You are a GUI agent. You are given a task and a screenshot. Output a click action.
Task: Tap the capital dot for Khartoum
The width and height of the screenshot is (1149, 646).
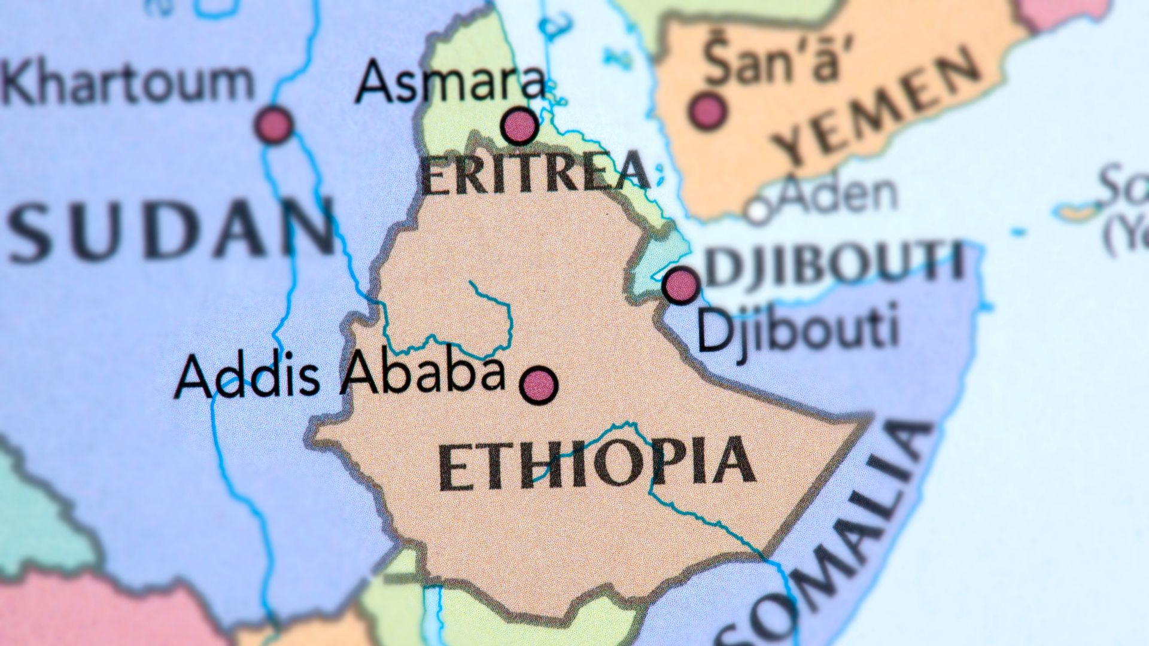click(x=275, y=124)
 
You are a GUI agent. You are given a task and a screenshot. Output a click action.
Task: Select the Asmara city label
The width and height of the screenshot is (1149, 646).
click(x=450, y=81)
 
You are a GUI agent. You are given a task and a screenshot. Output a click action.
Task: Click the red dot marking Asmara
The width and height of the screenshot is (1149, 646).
click(x=519, y=126)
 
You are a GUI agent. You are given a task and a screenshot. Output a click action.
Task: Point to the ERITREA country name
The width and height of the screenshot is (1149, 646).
click(x=534, y=173)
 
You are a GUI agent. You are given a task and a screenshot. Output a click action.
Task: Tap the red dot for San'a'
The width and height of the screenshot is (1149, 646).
click(x=709, y=111)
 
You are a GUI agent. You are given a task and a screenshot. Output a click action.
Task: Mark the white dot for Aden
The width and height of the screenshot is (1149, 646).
click(x=759, y=211)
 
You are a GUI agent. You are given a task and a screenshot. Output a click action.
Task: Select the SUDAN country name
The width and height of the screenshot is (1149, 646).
click(x=171, y=230)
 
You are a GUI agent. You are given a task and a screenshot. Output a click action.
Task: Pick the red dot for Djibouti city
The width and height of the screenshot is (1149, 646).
click(x=681, y=285)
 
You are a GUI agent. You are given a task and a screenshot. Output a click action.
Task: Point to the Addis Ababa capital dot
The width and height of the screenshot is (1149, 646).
click(x=539, y=385)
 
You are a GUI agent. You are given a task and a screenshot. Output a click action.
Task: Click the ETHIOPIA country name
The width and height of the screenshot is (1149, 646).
click(x=595, y=464)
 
